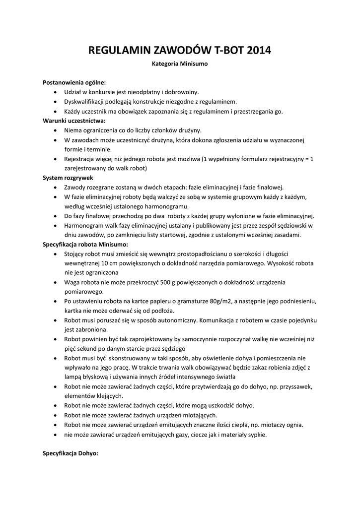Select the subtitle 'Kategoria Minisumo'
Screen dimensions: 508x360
(179, 64)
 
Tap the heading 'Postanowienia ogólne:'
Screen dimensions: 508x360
(74, 82)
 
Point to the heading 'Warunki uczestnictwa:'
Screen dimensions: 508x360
(74, 121)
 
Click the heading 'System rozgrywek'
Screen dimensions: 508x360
(68, 178)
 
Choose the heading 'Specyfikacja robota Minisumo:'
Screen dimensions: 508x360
(85, 244)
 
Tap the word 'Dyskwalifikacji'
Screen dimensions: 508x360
(86, 102)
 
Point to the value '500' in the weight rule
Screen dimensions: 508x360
(164, 282)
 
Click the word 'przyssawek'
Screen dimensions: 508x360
(282, 386)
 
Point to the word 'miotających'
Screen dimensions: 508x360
(201, 415)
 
